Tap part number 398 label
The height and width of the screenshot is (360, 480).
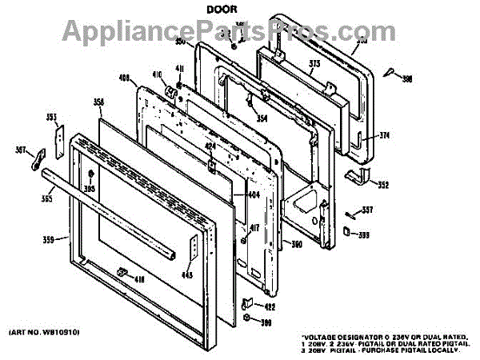[406, 78]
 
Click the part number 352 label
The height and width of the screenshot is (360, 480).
[383, 186]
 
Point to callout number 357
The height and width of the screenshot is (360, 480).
[367, 210]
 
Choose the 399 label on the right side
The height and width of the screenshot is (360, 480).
[364, 234]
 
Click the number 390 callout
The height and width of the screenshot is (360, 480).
[295, 243]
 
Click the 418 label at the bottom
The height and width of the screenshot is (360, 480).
[138, 279]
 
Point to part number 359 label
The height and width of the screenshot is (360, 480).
[50, 238]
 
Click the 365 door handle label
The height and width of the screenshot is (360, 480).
[47, 198]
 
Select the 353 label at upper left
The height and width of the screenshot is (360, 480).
[51, 118]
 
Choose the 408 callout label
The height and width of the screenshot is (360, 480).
[123, 78]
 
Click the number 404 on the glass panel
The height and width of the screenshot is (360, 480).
[254, 194]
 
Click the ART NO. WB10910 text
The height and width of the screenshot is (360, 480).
[44, 331]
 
